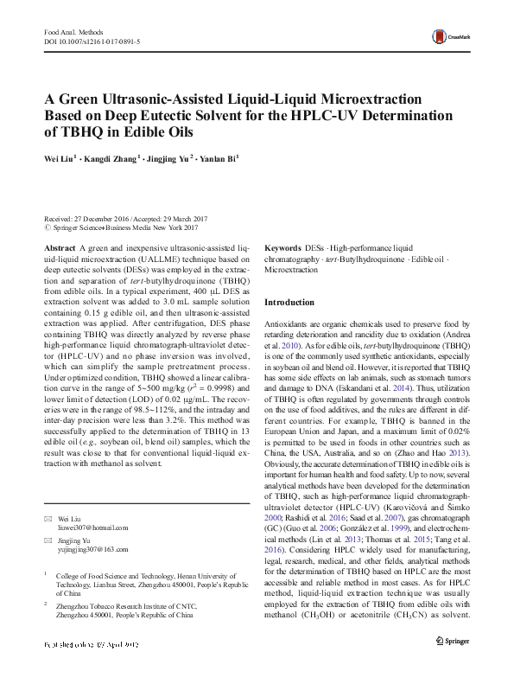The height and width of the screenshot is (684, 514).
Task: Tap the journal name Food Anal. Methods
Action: click(73, 31)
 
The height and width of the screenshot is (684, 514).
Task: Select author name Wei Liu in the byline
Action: click(60, 159)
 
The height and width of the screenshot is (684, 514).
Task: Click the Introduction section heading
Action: click(289, 303)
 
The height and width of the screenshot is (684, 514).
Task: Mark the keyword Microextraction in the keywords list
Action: click(291, 270)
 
